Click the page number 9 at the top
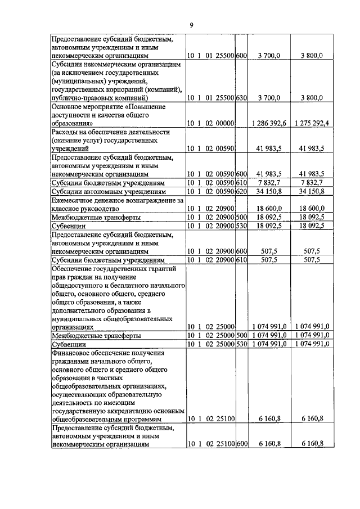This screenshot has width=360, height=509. (x=191, y=25)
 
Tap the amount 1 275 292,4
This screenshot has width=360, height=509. (x=311, y=123)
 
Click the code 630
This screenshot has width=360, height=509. (x=241, y=97)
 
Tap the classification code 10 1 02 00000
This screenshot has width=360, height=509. (x=211, y=123)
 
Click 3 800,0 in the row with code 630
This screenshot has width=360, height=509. (x=311, y=97)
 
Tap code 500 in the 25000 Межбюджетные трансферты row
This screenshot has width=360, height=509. (x=241, y=335)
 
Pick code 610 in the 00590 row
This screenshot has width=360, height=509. (x=241, y=183)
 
